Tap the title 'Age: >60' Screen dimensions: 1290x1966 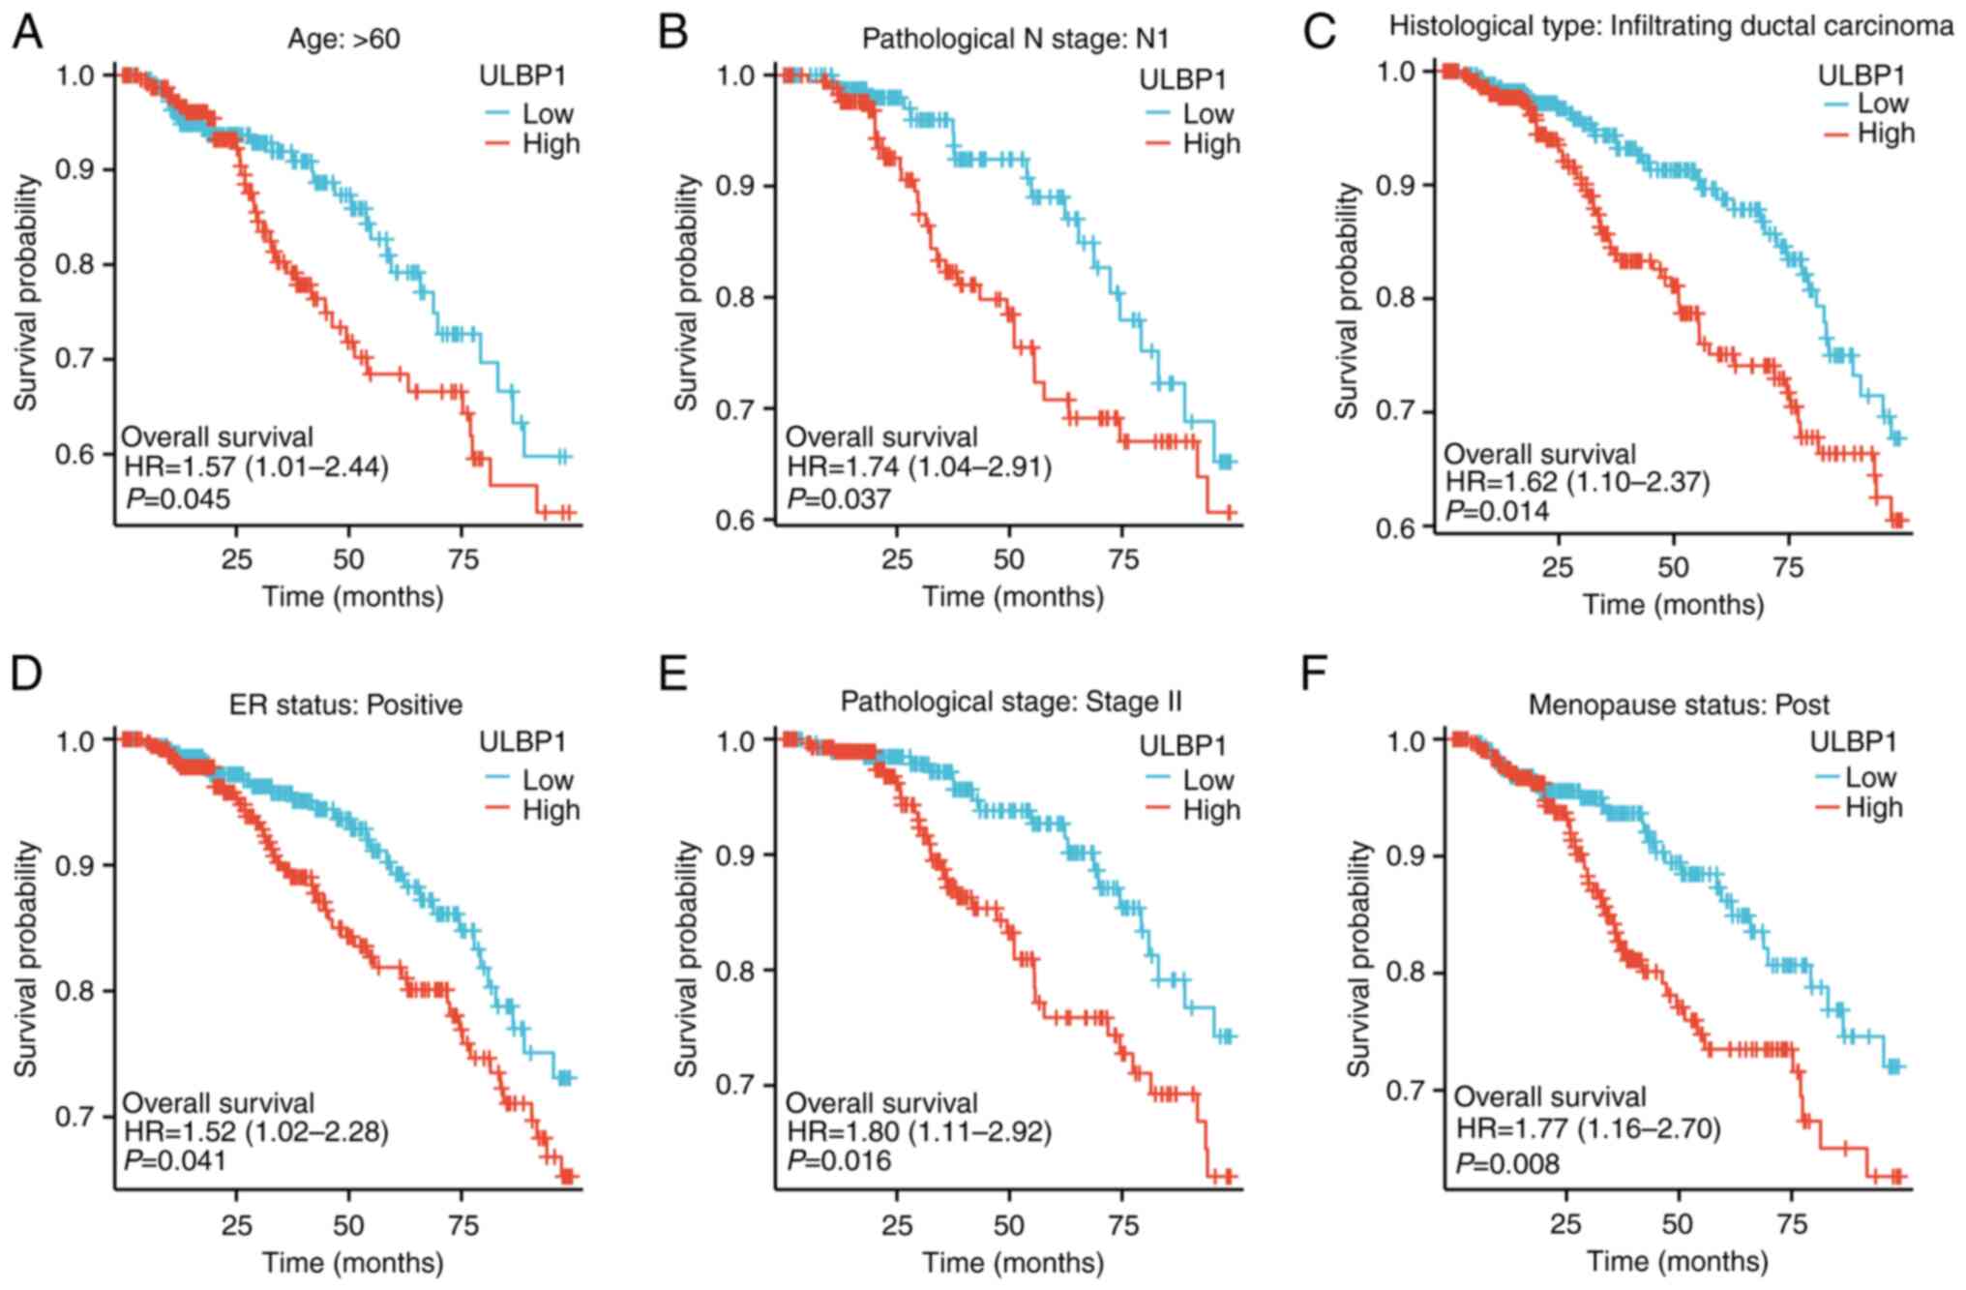tap(343, 39)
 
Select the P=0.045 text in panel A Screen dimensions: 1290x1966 tap(178, 499)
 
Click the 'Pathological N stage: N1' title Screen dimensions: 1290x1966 tap(1015, 39)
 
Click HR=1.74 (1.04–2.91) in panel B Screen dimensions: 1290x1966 tap(918, 467)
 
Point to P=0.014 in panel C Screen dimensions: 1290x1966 tap(1497, 511)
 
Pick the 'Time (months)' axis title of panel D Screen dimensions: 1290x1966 tap(352, 1262)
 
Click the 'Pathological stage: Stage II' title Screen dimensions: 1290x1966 tap(1011, 702)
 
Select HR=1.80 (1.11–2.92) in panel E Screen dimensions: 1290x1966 tap(918, 1131)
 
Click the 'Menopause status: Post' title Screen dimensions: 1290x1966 tap(1679, 705)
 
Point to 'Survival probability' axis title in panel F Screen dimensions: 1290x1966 tap(1359, 958)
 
